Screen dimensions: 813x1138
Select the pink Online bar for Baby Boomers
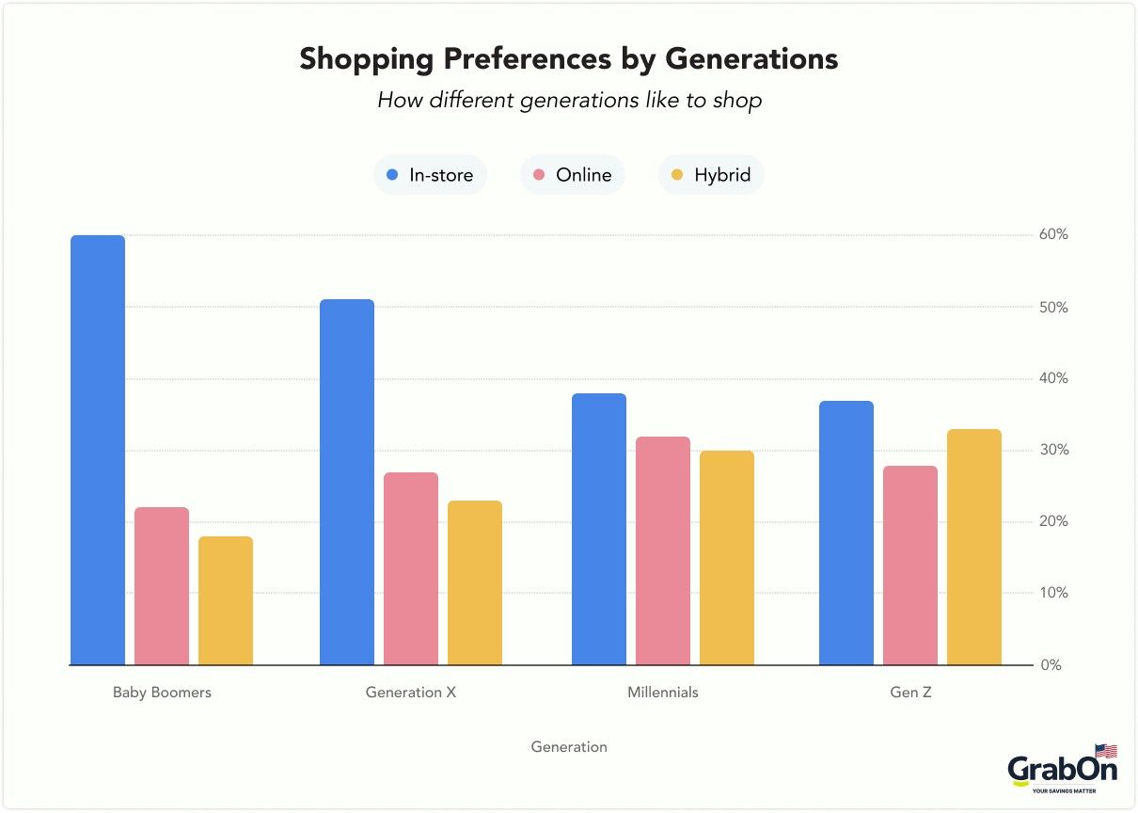pos(162,586)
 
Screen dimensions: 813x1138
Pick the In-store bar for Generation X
pos(347,482)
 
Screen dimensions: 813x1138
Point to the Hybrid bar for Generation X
pos(475,582)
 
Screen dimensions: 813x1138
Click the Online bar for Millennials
pos(663,550)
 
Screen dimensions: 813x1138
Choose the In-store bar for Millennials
pos(599,529)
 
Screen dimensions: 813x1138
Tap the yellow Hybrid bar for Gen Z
pos(974,547)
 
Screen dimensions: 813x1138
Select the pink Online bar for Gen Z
pos(910,565)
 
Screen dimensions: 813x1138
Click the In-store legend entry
pos(430,175)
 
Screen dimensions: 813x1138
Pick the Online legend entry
pos(572,175)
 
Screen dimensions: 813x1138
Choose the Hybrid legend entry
pos(711,175)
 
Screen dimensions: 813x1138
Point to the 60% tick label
pos(1053,234)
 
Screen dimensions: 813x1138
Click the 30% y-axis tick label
pos(1053,450)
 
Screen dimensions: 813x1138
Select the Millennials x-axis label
pos(663,693)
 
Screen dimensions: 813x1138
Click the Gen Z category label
pos(910,693)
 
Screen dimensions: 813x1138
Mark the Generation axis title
pos(569,747)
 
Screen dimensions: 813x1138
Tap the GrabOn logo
pos(1063,770)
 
